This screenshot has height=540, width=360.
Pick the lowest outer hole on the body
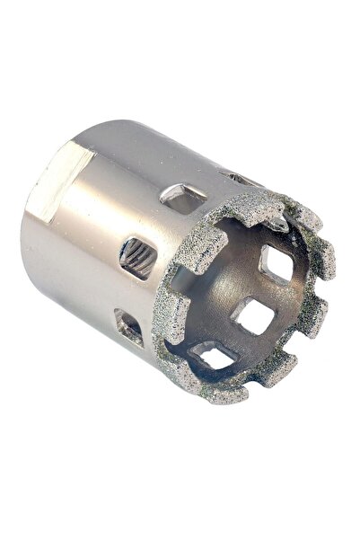click(129, 328)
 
